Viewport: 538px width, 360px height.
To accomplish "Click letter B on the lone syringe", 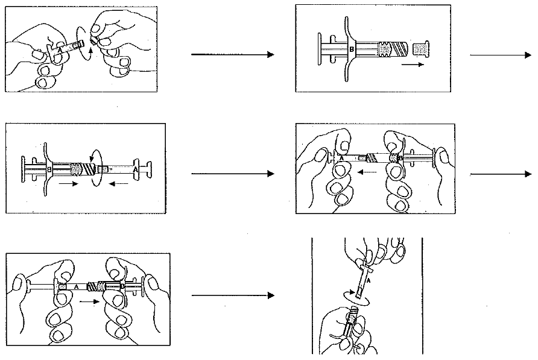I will [x=352, y=48].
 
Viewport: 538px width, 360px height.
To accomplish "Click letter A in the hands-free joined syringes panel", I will [x=135, y=171].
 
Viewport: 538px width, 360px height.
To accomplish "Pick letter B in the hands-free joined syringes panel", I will [x=50, y=171].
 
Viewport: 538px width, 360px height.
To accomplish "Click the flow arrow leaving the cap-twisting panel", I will [x=232, y=55].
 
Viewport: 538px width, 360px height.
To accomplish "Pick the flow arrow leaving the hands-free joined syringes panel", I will [x=232, y=174].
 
